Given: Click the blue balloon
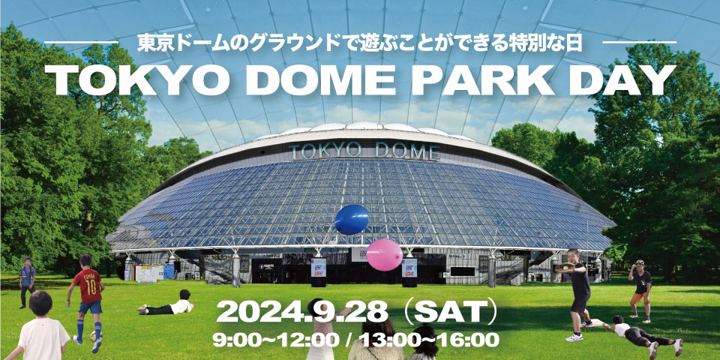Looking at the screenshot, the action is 352,220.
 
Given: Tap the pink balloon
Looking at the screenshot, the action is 384,255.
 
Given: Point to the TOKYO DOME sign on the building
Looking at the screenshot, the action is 364,151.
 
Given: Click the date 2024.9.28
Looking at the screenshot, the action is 302,312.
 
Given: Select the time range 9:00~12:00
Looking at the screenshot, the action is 276,340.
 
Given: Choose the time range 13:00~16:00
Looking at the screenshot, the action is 429,340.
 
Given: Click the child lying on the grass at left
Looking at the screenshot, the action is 166,305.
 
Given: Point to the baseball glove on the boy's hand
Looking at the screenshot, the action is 564,267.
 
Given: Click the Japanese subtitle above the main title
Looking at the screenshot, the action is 360,43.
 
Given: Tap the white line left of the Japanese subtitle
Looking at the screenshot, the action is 81,43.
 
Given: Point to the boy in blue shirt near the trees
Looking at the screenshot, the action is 27,282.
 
